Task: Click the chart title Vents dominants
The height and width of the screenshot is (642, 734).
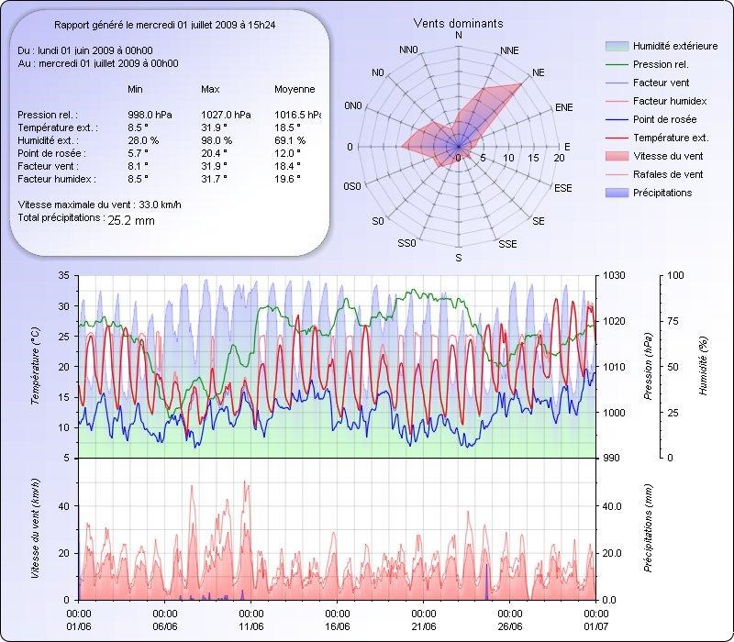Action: coord(458,23)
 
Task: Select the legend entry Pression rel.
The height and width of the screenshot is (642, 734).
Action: coord(661,65)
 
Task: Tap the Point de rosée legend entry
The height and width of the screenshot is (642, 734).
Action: coord(664,120)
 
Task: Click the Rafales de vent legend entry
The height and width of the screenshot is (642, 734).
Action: coord(668,174)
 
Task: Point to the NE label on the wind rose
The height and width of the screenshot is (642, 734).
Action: coord(539,72)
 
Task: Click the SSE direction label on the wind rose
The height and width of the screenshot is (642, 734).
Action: coord(507,244)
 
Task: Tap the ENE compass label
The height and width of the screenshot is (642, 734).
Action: coord(564,107)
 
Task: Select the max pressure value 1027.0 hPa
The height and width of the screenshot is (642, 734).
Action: coord(221,115)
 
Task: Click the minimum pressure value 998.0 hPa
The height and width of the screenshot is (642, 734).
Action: coord(148,115)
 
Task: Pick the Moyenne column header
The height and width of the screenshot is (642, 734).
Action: coord(295,90)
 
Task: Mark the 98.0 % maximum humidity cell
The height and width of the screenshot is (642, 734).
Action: coord(217,140)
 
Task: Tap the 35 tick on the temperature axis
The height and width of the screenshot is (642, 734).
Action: coord(63,275)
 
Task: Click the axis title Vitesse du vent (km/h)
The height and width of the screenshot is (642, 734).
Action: coord(36,527)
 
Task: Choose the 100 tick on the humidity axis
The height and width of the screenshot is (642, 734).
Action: coord(675,275)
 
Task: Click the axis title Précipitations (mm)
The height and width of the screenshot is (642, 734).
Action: coord(647,528)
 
